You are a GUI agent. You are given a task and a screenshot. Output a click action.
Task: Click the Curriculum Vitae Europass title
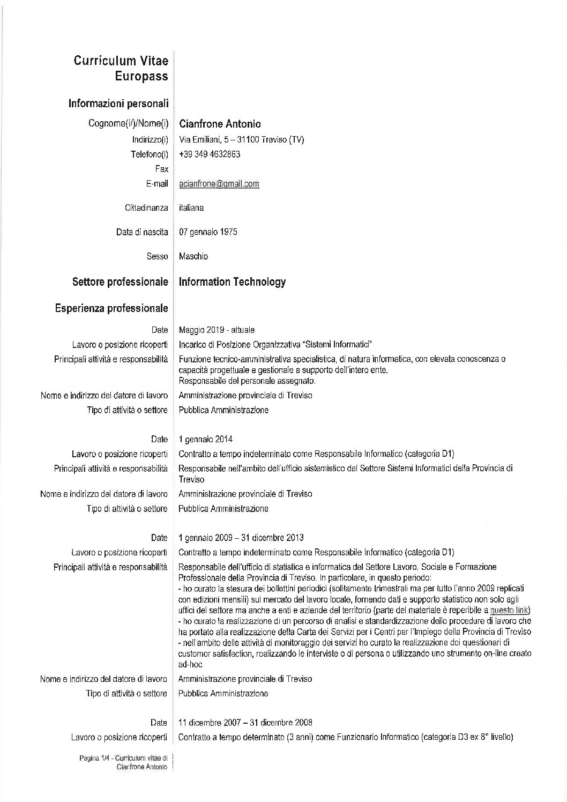click(x=121, y=68)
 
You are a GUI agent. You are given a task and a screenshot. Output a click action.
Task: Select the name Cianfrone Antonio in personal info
click(x=220, y=124)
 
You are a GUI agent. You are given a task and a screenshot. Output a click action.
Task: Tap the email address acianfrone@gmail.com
click(x=219, y=184)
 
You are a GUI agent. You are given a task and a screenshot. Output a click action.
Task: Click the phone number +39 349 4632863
click(x=210, y=154)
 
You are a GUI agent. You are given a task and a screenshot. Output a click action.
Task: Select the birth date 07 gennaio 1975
click(x=208, y=232)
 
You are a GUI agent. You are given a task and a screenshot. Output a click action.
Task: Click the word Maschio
click(x=193, y=256)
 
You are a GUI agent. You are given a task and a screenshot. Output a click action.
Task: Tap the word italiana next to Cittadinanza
click(x=191, y=207)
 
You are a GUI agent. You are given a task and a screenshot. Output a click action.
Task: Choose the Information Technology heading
click(x=232, y=282)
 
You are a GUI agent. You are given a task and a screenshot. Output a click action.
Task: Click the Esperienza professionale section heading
click(x=111, y=308)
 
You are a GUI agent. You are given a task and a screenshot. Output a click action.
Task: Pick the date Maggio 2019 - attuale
click(x=217, y=330)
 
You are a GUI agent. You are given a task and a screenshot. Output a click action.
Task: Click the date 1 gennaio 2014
click(x=205, y=440)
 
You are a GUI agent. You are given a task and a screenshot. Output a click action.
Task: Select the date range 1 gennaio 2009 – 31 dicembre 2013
click(x=241, y=538)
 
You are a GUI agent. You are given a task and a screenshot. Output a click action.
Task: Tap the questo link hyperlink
click(x=510, y=611)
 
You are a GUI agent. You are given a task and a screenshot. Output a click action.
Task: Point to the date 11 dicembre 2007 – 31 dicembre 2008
click(x=245, y=723)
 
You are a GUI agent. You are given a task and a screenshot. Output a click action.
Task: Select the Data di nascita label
click(x=142, y=232)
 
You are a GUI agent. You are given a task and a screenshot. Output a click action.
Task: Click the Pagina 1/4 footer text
click(x=123, y=758)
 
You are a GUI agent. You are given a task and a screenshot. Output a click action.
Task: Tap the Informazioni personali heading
click(x=118, y=103)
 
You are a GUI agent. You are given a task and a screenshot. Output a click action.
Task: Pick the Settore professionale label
click(x=120, y=282)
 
